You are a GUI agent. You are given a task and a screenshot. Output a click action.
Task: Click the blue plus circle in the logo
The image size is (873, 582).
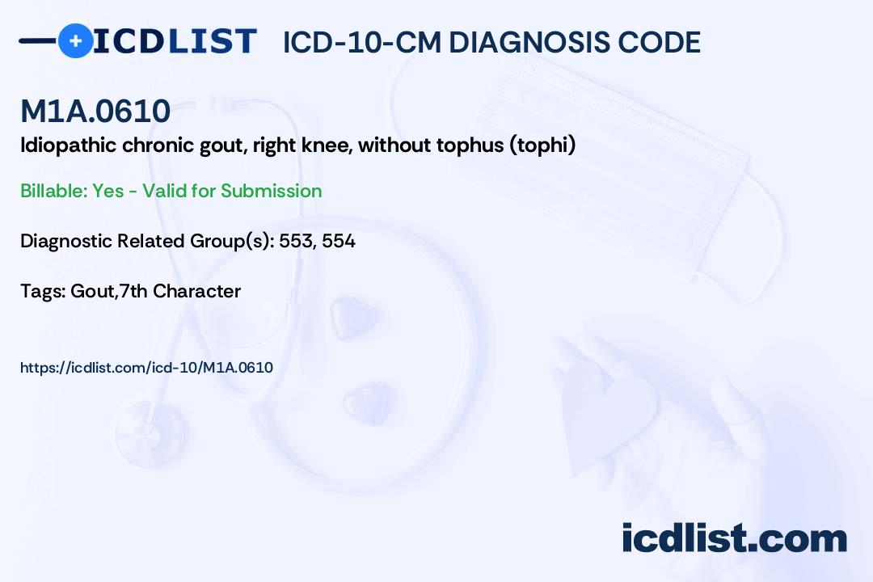coord(76,40)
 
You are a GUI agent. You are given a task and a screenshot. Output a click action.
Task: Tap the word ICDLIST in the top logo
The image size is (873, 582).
coord(175,41)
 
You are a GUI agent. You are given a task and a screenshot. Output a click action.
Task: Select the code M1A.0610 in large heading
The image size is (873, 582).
coord(95,112)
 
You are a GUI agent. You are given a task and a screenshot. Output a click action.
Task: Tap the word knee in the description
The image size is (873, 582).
coord(327,146)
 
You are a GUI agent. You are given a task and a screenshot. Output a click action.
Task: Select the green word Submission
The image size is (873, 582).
coord(272,191)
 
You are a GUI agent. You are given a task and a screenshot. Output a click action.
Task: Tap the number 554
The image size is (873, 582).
coord(339,241)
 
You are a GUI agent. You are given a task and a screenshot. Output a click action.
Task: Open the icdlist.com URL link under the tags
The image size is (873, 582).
coord(146,368)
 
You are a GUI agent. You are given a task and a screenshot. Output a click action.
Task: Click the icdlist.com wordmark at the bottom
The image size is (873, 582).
coord(734,538)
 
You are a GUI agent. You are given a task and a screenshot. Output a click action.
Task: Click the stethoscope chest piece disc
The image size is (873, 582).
coord(150,424)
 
